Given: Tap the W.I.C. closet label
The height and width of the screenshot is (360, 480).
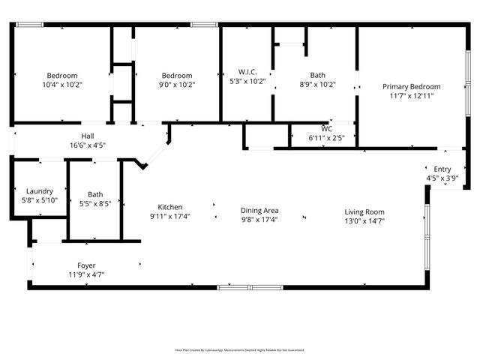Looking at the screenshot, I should [247, 72].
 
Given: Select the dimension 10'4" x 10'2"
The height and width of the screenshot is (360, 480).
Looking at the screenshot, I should [62, 85].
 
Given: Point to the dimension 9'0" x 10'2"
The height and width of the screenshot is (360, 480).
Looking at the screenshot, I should [178, 85].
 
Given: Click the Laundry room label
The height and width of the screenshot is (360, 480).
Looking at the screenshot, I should [39, 191].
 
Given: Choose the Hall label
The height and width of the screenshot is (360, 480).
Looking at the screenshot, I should [88, 135].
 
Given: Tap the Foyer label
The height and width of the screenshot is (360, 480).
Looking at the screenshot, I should [86, 265].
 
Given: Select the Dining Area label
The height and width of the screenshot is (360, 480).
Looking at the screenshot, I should [259, 211].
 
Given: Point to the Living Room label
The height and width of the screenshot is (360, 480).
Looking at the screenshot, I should [364, 211].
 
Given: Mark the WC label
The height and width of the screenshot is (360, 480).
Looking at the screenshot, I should [326, 129].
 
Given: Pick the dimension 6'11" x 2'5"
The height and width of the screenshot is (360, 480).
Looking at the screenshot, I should [326, 138].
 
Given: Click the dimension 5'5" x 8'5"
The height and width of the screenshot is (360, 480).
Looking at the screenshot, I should [94, 203].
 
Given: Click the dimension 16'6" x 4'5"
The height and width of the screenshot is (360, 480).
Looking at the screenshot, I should [88, 145].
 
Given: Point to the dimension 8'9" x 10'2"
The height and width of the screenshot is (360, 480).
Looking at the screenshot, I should [318, 85].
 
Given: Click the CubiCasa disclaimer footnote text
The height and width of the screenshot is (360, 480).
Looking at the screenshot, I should [240, 349].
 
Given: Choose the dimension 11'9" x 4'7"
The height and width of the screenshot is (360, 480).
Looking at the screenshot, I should [86, 275].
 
